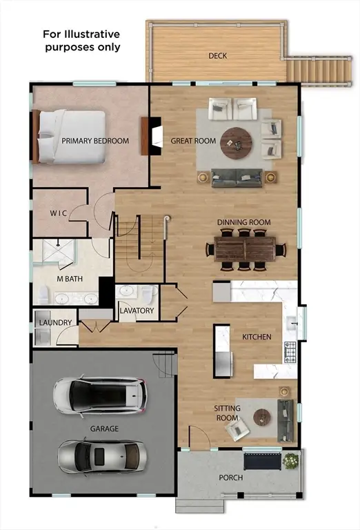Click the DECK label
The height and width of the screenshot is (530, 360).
(x=218, y=55)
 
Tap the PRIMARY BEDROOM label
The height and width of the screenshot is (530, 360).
(x=95, y=141)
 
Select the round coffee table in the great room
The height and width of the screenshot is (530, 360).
(x=237, y=141)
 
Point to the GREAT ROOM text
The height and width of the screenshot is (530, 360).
(x=193, y=141)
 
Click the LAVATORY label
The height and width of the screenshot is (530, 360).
(x=137, y=311)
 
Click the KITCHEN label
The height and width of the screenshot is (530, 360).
(x=257, y=337)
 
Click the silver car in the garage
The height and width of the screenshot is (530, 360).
(x=100, y=455)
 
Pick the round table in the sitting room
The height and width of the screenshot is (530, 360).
(x=261, y=417)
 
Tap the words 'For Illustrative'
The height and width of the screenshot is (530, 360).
(x=81, y=34)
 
